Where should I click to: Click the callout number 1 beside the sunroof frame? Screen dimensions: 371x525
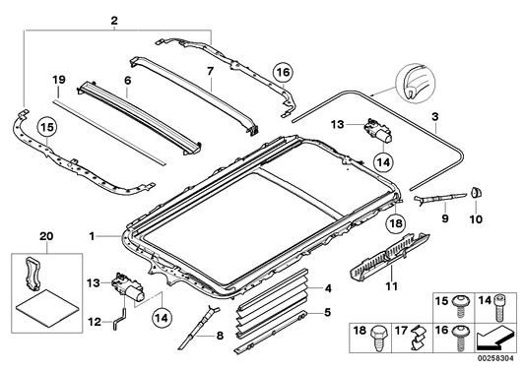click(93, 237)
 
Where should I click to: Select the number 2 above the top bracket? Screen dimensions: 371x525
click(114, 21)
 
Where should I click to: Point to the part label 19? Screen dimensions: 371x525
click(58, 78)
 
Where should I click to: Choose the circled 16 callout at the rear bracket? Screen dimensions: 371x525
click(283, 71)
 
